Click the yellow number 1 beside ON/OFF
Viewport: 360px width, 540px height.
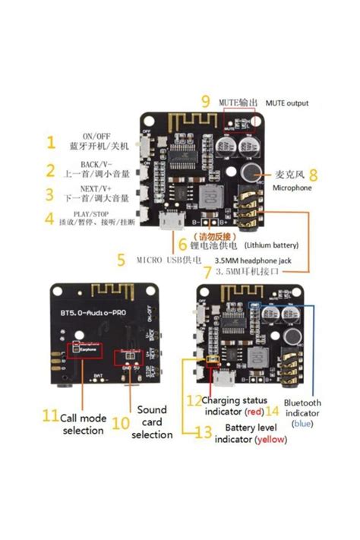tap(50, 142)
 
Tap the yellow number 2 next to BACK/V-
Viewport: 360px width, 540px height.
tap(50, 170)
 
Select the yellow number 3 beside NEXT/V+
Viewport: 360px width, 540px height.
tap(50, 194)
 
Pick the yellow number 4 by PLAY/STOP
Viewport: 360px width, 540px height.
tap(50, 219)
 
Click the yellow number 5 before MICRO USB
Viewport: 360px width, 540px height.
tap(121, 260)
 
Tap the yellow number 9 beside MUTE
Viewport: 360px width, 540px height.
tap(206, 102)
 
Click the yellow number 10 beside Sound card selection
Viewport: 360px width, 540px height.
tap(121, 422)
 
